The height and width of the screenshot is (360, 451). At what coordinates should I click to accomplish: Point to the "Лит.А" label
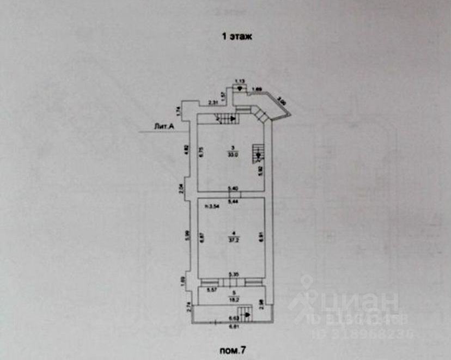(x=164, y=127)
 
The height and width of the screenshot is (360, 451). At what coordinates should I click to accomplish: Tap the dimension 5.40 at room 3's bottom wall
(x=232, y=188)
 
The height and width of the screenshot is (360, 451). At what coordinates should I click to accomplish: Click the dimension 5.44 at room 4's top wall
(x=232, y=202)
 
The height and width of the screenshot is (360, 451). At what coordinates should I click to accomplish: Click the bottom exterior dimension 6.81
(x=233, y=327)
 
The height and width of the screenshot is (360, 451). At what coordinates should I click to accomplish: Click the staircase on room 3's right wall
(x=258, y=153)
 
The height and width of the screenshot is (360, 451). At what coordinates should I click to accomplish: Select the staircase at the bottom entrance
(x=247, y=313)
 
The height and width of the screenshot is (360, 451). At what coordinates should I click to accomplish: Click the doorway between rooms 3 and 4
(x=232, y=194)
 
